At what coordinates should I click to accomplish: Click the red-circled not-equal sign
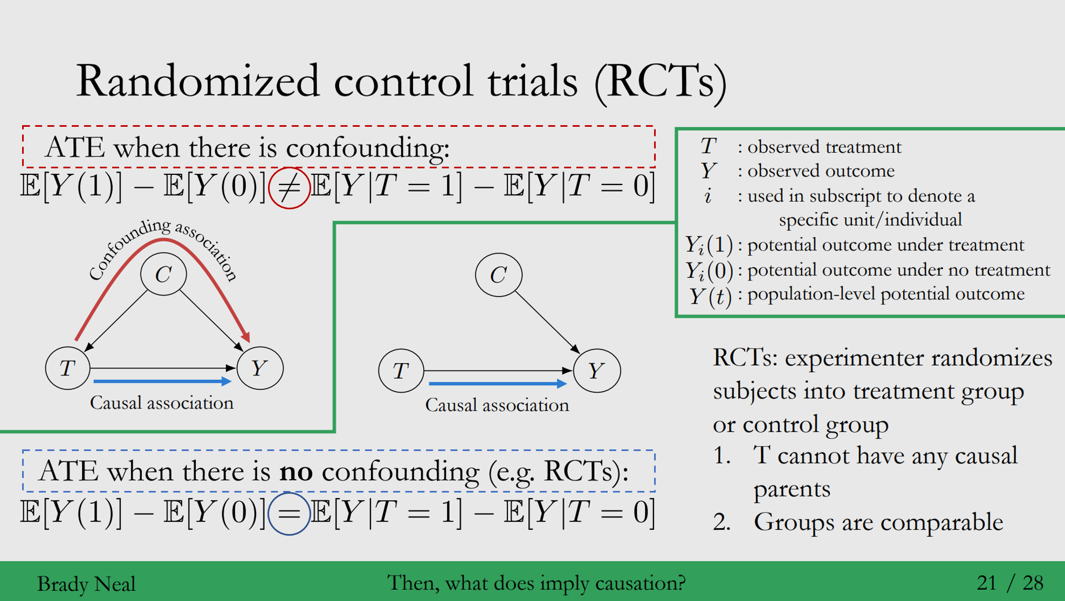click(289, 188)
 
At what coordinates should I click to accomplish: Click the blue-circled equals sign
click(289, 513)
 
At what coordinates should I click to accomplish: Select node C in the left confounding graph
click(163, 274)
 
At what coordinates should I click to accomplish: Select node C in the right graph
click(498, 275)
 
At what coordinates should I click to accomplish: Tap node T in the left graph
click(67, 368)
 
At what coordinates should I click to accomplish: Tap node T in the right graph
click(401, 371)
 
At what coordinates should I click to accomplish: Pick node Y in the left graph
click(259, 368)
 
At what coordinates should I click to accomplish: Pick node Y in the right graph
click(596, 371)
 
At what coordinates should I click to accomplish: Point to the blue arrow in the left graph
click(162, 381)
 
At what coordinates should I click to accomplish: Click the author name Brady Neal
click(86, 584)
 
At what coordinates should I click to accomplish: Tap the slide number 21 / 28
click(1009, 583)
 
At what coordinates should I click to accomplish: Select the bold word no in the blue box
click(296, 471)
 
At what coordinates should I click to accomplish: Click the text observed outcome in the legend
click(821, 171)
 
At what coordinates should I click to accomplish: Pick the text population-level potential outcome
click(885, 294)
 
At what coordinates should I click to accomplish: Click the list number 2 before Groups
click(721, 522)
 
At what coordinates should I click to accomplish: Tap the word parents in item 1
click(792, 489)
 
